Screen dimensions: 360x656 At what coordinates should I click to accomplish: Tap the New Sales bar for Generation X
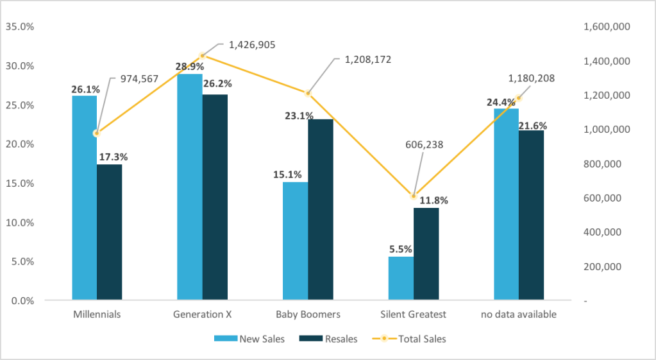[189, 187]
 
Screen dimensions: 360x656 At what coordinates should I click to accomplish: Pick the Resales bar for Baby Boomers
[320, 209]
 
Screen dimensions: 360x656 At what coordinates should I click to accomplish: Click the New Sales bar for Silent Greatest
[401, 279]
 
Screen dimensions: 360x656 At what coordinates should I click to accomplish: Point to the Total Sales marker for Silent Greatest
[414, 196]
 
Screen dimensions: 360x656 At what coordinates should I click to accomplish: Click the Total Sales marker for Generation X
[203, 56]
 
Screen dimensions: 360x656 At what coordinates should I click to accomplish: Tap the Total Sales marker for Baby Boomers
[308, 94]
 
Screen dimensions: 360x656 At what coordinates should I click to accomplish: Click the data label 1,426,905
[253, 45]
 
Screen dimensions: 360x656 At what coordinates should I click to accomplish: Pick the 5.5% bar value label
[400, 249]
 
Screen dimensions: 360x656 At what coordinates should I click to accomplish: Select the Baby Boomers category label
[308, 315]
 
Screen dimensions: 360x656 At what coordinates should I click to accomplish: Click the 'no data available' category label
[519, 315]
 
